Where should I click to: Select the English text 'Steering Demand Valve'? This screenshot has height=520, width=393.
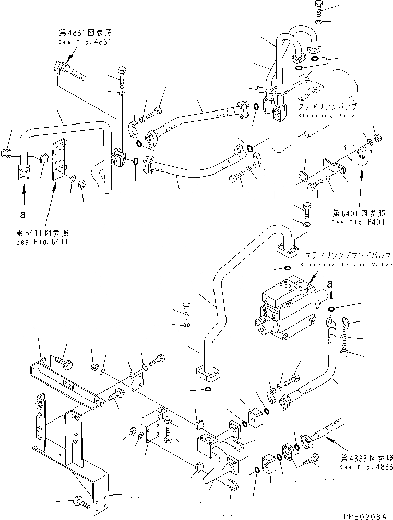[348, 265]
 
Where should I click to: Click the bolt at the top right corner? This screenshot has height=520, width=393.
[319, 7]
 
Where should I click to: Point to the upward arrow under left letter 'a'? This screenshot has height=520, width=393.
[22, 196]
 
